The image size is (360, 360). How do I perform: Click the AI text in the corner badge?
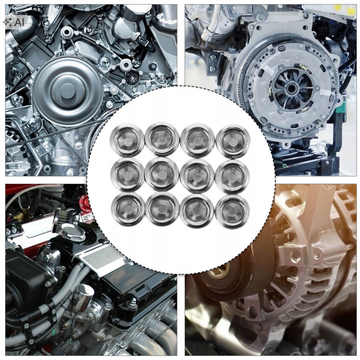coord(19,22)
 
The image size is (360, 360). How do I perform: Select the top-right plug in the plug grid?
coord(233,140)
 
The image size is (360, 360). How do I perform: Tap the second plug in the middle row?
coord(162,174)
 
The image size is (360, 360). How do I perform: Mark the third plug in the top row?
coord(197,140)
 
